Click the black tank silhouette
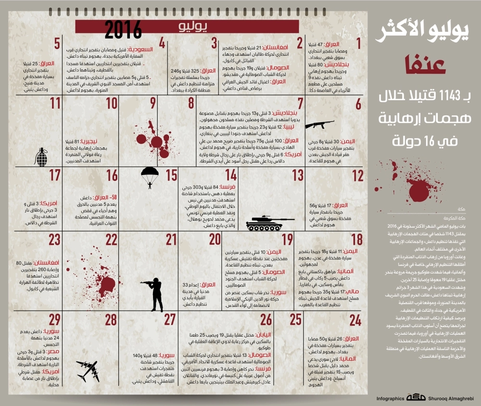click(264, 224)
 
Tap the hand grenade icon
click(42, 156)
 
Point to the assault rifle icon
click(319, 125)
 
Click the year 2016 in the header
click(124, 30)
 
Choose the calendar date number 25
click(295, 319)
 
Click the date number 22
click(111, 240)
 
